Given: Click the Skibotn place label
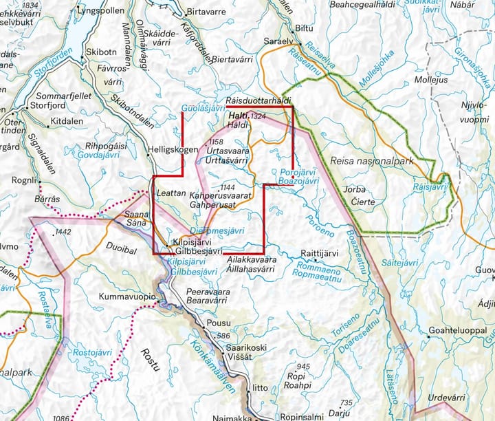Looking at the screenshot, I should click(x=101, y=52).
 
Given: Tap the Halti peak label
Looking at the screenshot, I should click(x=238, y=116).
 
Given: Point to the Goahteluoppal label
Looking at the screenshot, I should click(x=457, y=331).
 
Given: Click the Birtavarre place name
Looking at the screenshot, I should click(x=206, y=12).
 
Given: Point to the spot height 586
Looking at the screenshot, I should click(x=222, y=336).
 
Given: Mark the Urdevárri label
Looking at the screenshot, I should click(x=447, y=397).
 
